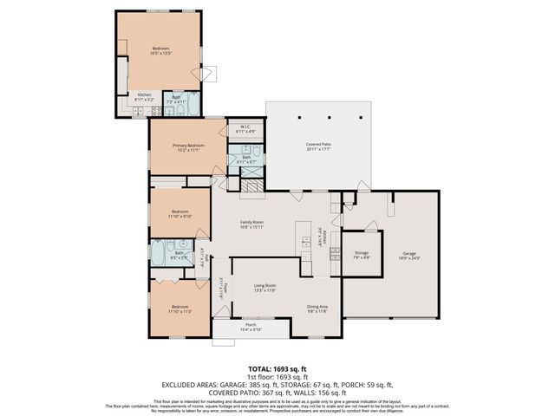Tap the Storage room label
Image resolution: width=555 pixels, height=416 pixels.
coord(361,254)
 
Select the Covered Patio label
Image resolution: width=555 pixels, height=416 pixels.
coord(318,146)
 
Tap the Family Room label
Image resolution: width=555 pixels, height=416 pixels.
coord(251,224)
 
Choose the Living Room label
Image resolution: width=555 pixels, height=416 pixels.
coord(264,288)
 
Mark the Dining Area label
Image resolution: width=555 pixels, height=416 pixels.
coord(317,308)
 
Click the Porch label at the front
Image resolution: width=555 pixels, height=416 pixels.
coord(251,327)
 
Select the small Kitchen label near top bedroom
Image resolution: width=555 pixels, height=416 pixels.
coord(145,97)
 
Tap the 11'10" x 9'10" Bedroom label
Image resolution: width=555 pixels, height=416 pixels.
coord(180,214)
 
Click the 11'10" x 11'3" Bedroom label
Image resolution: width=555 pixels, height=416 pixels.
coord(180,309)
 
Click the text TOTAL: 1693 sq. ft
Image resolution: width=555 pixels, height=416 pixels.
coord(277,369)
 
